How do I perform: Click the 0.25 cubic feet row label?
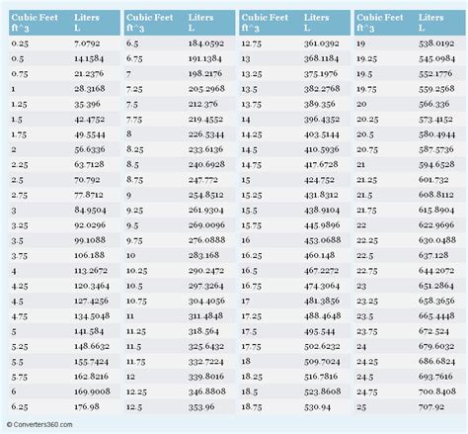(20, 45)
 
